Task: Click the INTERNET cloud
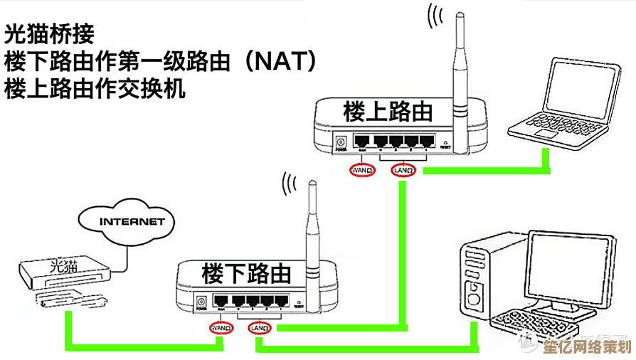[132, 221]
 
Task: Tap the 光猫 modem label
[64, 266]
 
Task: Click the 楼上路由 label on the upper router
[388, 112]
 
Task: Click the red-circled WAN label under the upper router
[362, 171]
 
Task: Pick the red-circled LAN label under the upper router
[403, 171]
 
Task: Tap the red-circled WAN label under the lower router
[221, 328]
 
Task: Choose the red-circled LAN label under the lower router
[260, 328]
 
